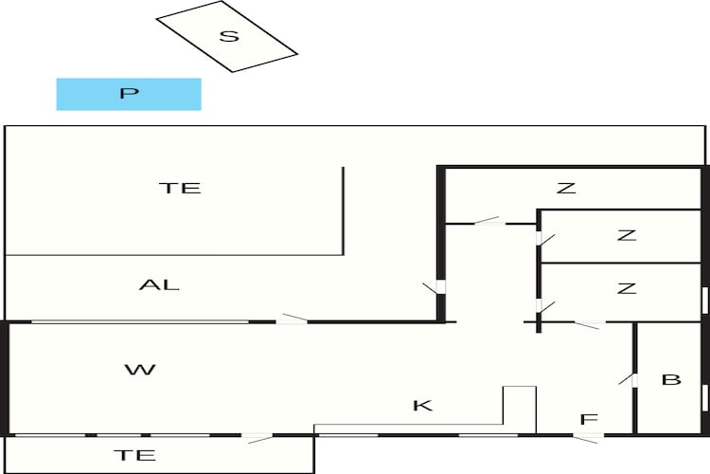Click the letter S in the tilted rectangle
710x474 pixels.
pos(229,36)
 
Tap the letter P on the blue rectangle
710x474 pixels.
pos(129,94)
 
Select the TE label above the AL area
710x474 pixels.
pos(180,188)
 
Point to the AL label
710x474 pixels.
pos(159,284)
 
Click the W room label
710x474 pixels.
pos(140,370)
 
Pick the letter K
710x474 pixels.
pos(423,405)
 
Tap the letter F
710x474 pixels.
pos(589,420)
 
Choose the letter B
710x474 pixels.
pos(671,379)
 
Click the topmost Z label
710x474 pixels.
pos(566,188)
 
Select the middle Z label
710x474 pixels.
pos(627,235)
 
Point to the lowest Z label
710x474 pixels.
pos(627,288)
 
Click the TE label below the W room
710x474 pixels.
pos(134,455)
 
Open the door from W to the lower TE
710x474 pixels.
pos(257,438)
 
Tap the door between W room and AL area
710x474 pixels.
pos(293,319)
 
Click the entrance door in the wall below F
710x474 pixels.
pos(588,438)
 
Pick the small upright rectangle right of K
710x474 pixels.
pos(520,410)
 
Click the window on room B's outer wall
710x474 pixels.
pos(704,397)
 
